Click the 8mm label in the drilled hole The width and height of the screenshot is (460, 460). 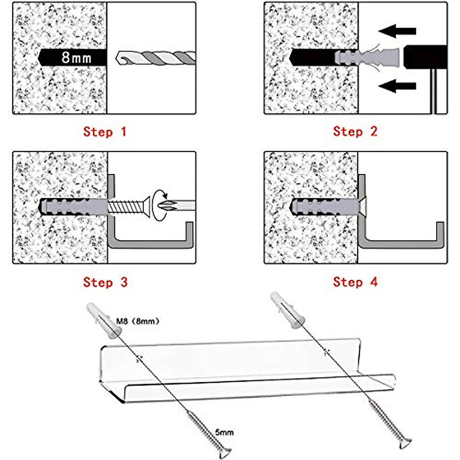76,58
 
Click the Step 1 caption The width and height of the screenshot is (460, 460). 105,132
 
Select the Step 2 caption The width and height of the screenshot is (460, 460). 355,131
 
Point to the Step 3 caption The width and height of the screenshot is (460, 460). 105,283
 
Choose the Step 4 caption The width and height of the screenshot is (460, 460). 355,282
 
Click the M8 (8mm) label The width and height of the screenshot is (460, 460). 137,321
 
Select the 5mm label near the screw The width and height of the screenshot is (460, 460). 224,432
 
